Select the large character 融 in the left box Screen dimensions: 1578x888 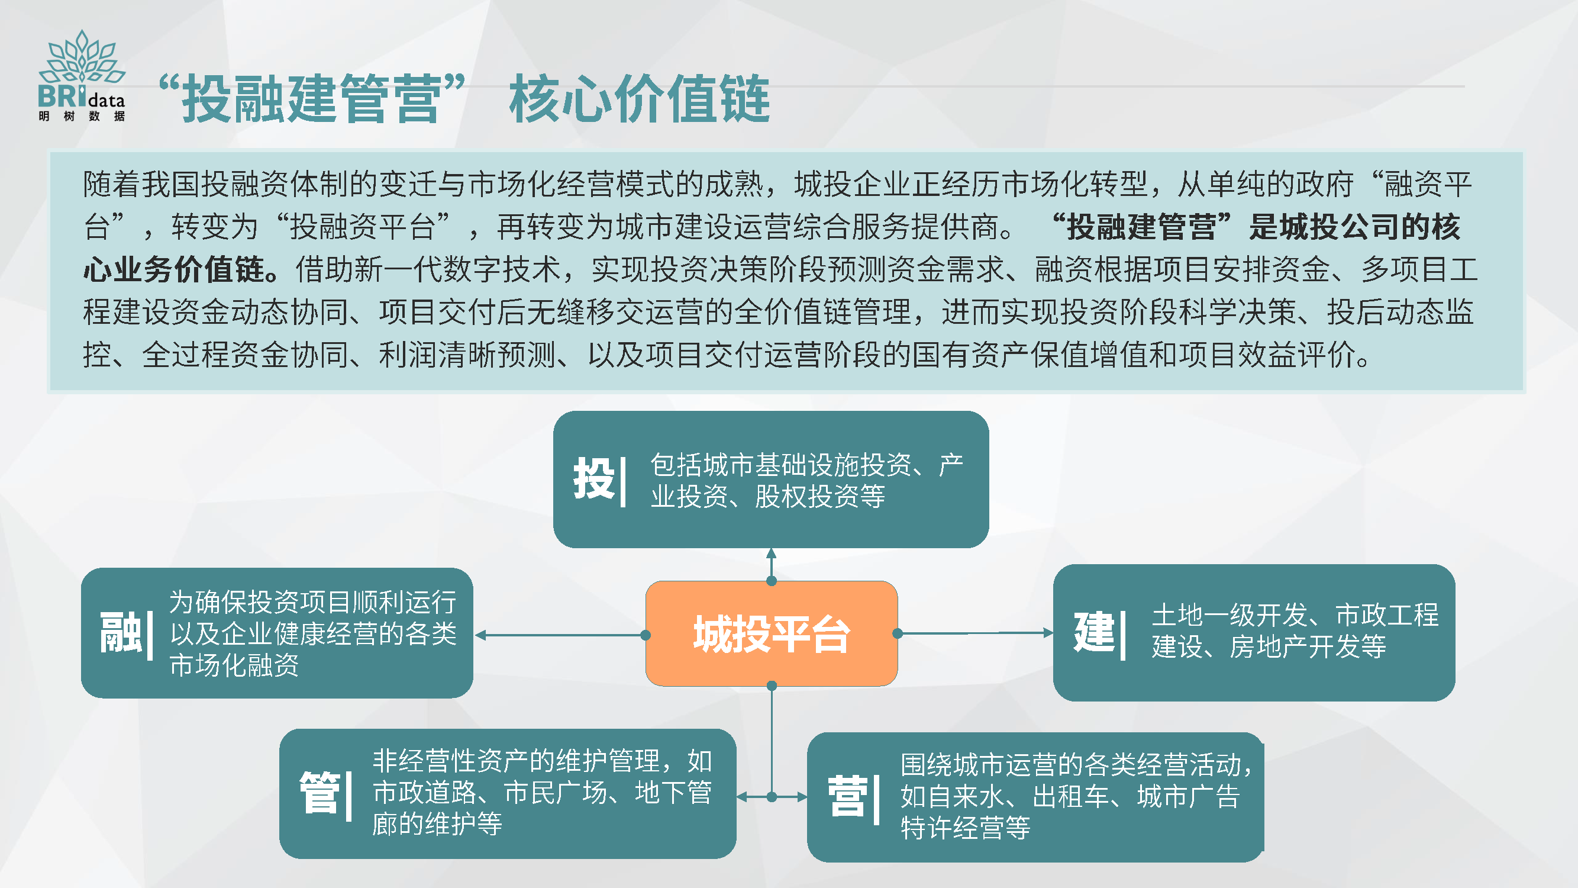121,632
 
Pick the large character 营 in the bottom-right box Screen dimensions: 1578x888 847,796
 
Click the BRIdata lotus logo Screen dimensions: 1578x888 82,75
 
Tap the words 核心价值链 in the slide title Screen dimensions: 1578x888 639,99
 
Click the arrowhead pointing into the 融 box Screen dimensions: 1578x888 480,635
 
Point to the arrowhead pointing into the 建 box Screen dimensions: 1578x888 1048,632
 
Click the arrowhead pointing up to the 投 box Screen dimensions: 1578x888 771,553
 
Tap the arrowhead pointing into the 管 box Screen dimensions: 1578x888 742,797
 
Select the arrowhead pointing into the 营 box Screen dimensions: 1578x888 802,797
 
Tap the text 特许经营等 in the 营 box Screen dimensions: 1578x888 966,828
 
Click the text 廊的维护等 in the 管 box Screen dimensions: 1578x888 437,823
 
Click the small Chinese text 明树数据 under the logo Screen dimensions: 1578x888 82,116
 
